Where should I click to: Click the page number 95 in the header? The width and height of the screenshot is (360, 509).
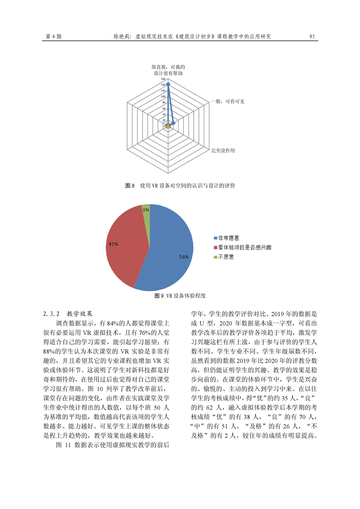tap(312, 36)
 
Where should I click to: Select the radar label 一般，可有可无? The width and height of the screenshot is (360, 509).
tap(228, 101)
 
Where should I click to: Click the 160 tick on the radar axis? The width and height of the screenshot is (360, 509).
tap(163, 79)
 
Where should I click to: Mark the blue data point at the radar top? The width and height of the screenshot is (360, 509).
tap(168, 84)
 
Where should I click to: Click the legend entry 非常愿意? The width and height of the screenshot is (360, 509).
tap(228, 238)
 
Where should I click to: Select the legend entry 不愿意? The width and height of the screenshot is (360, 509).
tap(226, 257)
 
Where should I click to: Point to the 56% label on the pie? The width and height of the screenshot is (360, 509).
tap(183, 257)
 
